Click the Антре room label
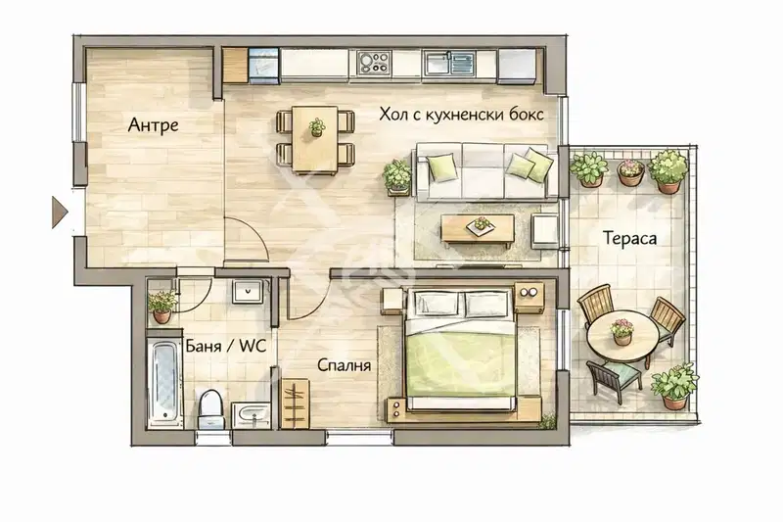(x=153, y=124)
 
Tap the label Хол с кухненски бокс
(x=461, y=115)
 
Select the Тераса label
(x=629, y=238)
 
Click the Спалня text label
(x=345, y=365)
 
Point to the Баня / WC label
(x=225, y=346)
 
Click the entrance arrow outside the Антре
(x=60, y=213)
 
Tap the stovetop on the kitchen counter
(x=374, y=63)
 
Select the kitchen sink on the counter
(x=448, y=64)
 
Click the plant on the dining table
(x=316, y=127)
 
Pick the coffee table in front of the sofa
(x=478, y=229)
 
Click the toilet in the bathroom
(x=210, y=408)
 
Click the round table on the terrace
(x=622, y=334)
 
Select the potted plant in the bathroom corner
(x=161, y=307)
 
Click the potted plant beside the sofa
(x=398, y=177)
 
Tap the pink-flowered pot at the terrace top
(x=631, y=172)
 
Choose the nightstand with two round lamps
(x=530, y=297)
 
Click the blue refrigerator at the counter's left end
(x=263, y=66)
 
